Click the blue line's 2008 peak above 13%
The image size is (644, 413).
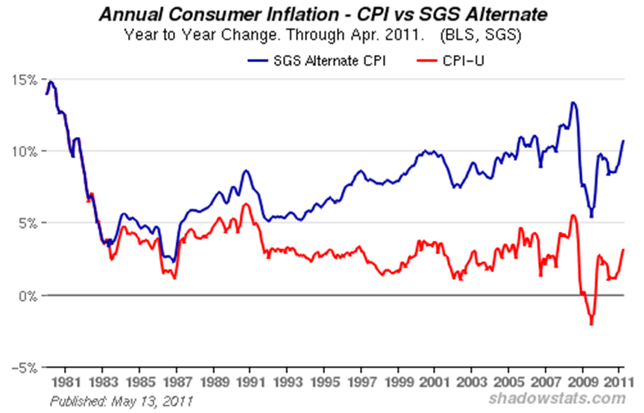point(573,102)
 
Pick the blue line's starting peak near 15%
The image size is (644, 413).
point(51,81)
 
